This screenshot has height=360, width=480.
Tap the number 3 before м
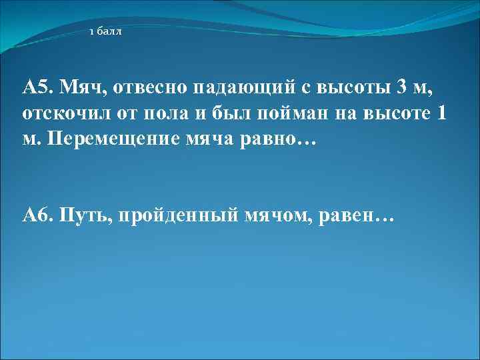click(400, 87)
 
